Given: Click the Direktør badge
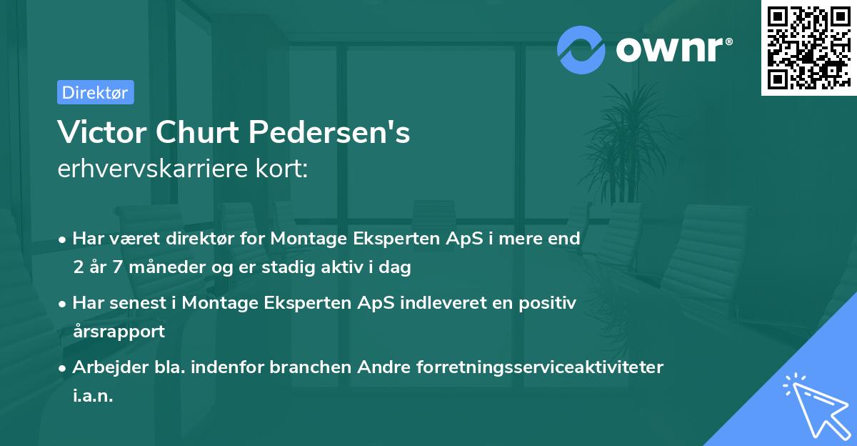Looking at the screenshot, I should [95, 92].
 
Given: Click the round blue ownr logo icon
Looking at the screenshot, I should [581, 49].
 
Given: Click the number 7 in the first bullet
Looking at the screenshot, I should [121, 268].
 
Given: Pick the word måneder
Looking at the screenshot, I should [165, 268].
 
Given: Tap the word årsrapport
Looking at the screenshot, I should [119, 331].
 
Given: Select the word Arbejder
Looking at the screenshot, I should [104, 367].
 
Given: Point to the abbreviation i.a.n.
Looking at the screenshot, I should [93, 395].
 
